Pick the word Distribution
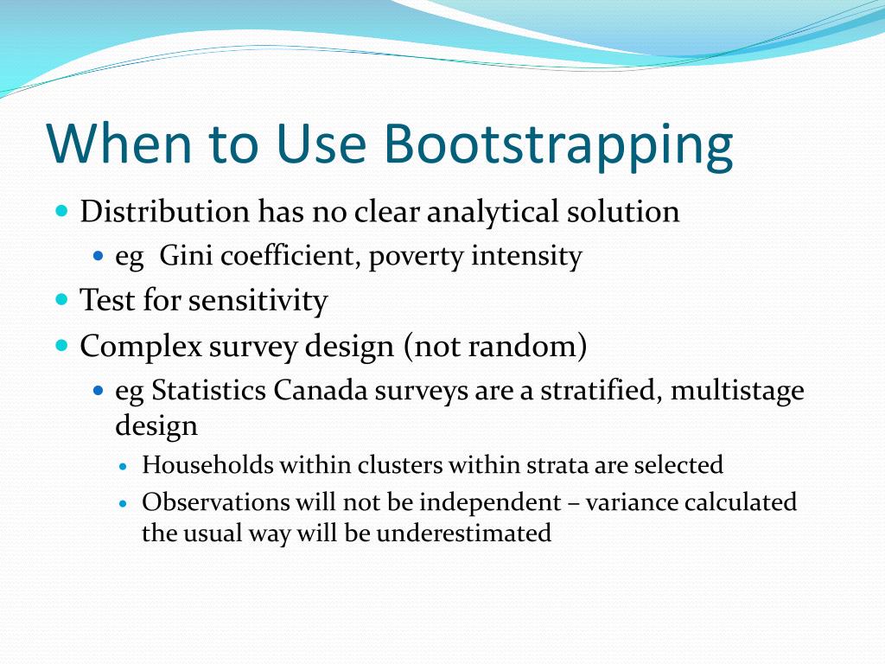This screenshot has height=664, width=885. pyautogui.click(x=165, y=211)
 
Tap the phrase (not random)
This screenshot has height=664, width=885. pyautogui.click(x=495, y=346)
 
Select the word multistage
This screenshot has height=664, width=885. pyautogui.click(x=737, y=391)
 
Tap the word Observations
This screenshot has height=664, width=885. pyautogui.click(x=216, y=502)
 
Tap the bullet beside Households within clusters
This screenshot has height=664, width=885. pyautogui.click(x=123, y=466)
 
